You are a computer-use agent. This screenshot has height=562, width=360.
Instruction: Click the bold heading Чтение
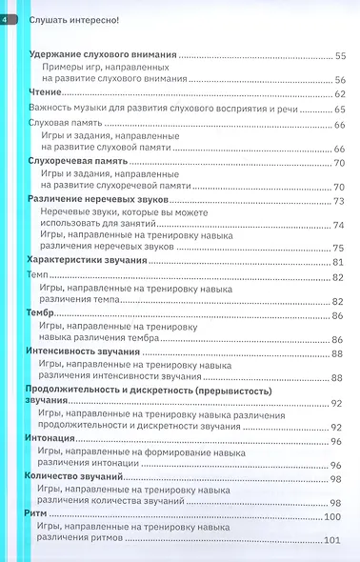[43, 95]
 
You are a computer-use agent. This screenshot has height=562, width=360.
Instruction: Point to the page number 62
[339, 95]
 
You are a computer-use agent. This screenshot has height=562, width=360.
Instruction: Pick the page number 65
[339, 110]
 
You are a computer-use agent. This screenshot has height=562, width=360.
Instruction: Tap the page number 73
[339, 200]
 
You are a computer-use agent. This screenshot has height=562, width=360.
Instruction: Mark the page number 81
[338, 261]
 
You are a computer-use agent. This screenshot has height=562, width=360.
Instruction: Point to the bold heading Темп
[39, 275]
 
